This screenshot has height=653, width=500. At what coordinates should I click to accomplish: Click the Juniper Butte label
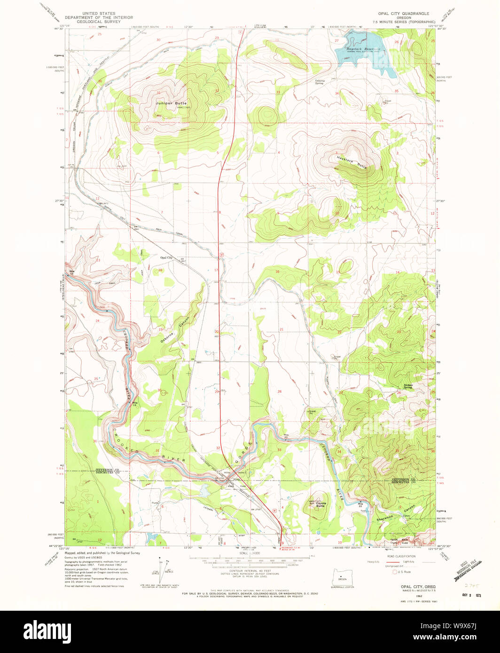[x=172, y=103]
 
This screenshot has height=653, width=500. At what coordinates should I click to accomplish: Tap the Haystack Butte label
[x=352, y=162]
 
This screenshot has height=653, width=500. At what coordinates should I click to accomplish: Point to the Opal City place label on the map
[x=166, y=258]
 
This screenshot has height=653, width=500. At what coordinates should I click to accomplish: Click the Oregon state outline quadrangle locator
[x=342, y=576]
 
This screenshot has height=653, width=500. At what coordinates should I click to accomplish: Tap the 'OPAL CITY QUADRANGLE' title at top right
[x=403, y=13]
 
